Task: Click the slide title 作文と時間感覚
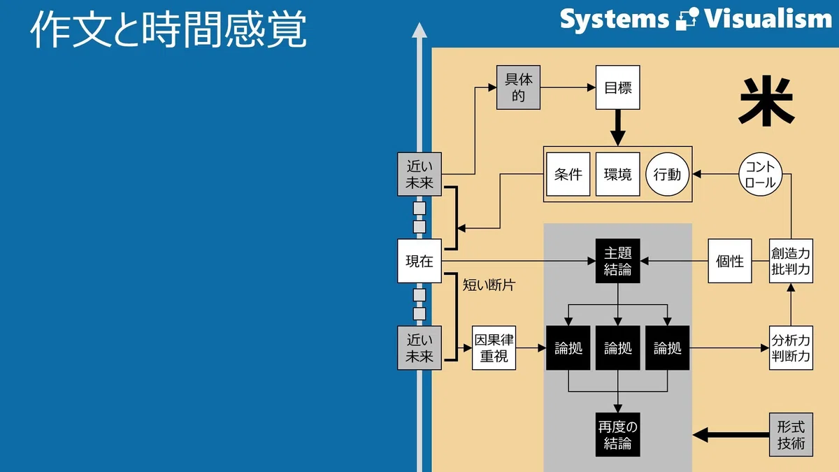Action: point(168,29)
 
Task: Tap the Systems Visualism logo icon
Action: point(687,19)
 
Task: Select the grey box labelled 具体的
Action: point(518,87)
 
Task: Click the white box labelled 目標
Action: point(617,87)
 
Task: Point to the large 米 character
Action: point(766,101)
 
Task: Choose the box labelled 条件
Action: point(568,174)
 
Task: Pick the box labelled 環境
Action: point(617,174)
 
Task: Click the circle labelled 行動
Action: point(668,174)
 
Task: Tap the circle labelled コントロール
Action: point(761,174)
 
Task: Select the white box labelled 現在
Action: point(419,261)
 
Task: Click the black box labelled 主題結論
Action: point(617,261)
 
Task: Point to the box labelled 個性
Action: point(730,261)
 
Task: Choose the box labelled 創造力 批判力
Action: point(791,261)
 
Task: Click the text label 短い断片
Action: point(489,285)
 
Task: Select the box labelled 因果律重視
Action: point(494,348)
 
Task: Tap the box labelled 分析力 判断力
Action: point(791,348)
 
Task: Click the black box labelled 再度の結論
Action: point(617,435)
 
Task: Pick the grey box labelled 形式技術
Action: point(791,435)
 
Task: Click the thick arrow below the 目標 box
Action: point(617,127)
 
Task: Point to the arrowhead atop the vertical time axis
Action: point(419,30)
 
